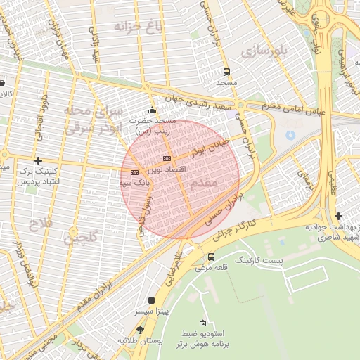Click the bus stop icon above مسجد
pyautogui.click(x=226, y=72)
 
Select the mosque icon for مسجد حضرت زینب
pyautogui.click(x=152, y=110)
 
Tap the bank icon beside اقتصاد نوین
pyautogui.click(x=167, y=158)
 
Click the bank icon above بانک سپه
pyautogui.click(x=134, y=172)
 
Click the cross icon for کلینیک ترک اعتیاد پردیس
pyautogui.click(x=38, y=160)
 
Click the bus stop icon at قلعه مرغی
pyautogui.click(x=212, y=257)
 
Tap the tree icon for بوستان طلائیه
pyautogui.click(x=140, y=329)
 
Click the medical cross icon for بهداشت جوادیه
pyautogui.click(x=339, y=216)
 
